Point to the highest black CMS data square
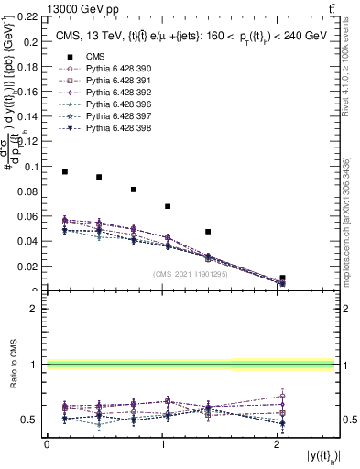coord(65,171)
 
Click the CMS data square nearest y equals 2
coord(283,278)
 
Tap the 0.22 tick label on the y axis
coord(30,17)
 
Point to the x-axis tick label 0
coord(47,445)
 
